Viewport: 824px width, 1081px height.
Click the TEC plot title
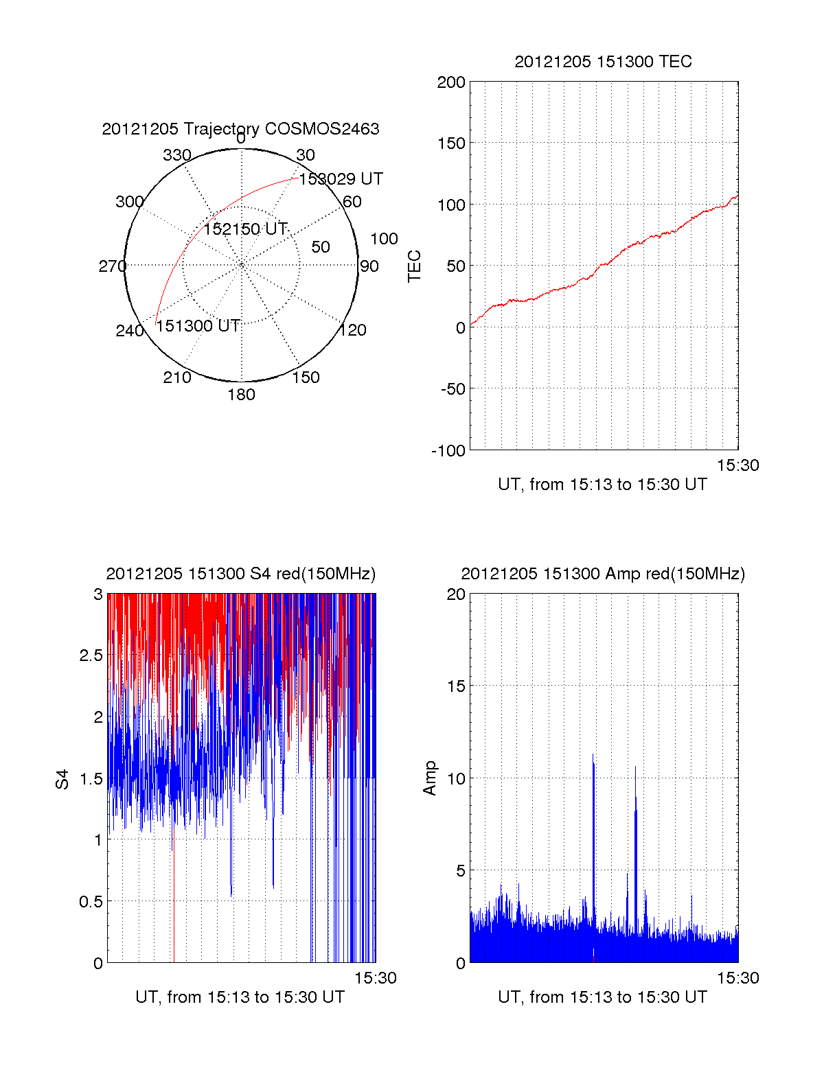603,62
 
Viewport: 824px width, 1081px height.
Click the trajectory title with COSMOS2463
240,129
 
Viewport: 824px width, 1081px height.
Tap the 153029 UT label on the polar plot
341,179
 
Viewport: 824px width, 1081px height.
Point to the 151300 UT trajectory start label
198,326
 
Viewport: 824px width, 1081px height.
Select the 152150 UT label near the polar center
245,229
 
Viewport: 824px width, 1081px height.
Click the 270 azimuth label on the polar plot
112,266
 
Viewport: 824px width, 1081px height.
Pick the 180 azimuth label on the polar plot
241,395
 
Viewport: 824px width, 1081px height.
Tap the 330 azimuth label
176,155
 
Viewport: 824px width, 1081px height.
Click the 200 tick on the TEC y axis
451,83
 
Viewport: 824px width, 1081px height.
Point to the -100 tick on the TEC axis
448,451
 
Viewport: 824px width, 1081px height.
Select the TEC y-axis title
414,266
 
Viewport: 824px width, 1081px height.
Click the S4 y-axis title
62,779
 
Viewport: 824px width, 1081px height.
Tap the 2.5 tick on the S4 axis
91,655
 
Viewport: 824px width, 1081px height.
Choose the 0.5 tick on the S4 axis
91,901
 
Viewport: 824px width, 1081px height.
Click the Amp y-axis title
430,778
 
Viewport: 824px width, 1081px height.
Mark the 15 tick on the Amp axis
456,686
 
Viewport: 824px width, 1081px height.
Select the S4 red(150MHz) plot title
240,574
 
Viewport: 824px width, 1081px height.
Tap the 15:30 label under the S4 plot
375,979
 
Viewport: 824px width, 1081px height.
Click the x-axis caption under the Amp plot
602,997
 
